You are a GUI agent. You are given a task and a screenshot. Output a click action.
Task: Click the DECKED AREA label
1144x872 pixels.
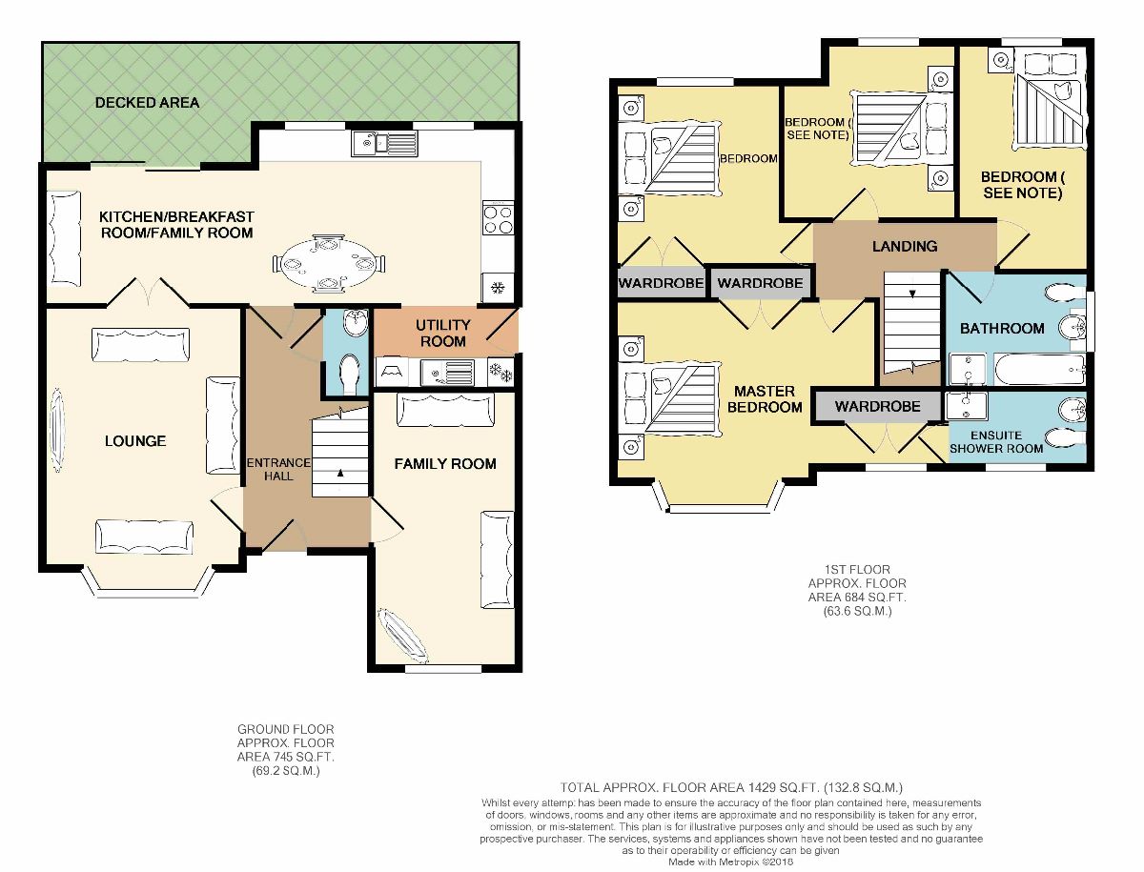(x=147, y=103)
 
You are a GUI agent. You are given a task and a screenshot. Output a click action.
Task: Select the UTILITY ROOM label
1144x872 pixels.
(x=443, y=334)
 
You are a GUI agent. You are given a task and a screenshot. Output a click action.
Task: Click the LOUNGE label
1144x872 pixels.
(x=135, y=441)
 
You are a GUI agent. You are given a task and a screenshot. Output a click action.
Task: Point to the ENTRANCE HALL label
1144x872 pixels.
(x=278, y=469)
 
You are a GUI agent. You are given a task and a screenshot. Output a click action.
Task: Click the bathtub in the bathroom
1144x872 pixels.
(x=1040, y=370)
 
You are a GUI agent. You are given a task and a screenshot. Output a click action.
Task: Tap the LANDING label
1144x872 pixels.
(x=905, y=247)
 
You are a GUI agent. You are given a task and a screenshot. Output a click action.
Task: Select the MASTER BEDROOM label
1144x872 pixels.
(x=765, y=399)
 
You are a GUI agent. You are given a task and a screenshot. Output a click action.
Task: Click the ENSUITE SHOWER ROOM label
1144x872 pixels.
(x=996, y=442)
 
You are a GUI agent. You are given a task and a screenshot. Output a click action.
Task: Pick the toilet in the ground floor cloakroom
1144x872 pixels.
(x=349, y=374)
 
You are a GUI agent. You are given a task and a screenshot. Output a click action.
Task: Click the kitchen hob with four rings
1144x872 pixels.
(x=499, y=220)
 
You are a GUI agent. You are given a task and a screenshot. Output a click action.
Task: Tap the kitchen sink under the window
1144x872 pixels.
(x=384, y=143)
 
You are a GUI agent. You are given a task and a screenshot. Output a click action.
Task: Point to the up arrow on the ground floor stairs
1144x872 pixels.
(x=340, y=474)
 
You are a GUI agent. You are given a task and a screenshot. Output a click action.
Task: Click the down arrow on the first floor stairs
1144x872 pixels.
(x=912, y=294)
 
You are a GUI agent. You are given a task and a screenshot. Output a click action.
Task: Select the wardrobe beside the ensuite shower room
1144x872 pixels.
(x=877, y=406)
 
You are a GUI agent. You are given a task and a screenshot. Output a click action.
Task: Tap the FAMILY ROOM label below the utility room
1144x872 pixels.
(x=445, y=464)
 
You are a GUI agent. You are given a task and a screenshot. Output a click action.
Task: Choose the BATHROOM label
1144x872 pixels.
(x=1002, y=329)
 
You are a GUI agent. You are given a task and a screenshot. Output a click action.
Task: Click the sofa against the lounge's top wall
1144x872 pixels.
(x=141, y=344)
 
